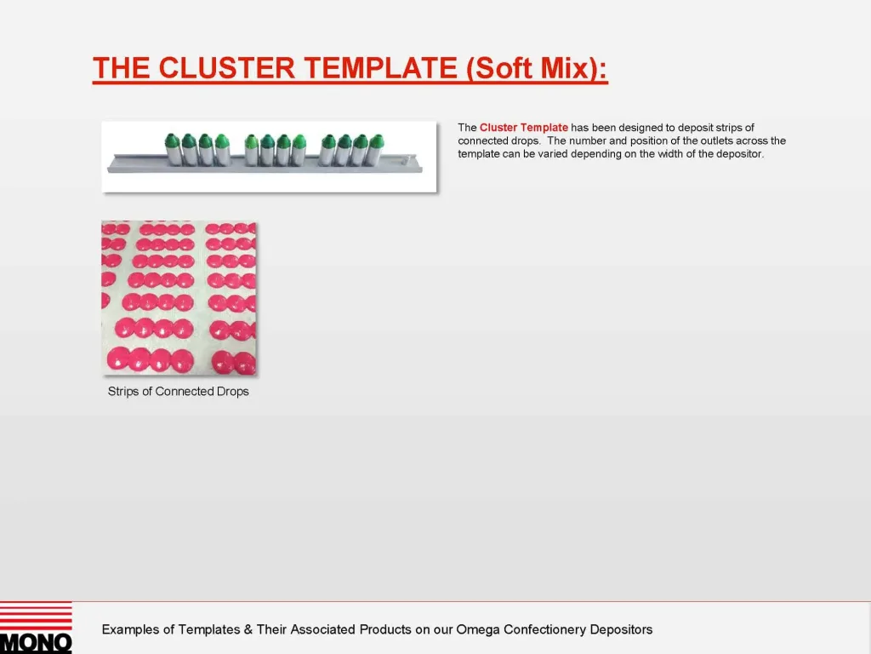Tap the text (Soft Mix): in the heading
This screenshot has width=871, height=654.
(537, 68)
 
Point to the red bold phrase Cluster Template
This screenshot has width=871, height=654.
(523, 128)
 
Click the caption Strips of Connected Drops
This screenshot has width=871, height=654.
(179, 392)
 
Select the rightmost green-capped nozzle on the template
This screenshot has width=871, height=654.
(376, 150)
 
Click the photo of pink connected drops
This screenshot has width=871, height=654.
(179, 298)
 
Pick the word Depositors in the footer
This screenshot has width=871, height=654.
(621, 630)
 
